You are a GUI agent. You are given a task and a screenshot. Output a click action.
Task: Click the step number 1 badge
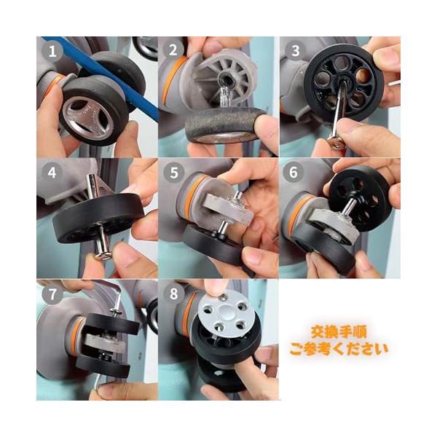(52, 51)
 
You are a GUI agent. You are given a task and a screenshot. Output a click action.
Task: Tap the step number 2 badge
(173, 50)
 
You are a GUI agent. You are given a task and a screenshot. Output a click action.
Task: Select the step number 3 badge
(296, 51)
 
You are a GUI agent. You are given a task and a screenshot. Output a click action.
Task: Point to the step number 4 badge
(52, 173)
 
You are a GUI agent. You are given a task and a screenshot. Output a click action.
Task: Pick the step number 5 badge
(174, 173)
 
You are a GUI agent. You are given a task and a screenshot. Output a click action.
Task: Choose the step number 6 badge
(294, 172)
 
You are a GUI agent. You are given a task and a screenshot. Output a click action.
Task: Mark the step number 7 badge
(52, 294)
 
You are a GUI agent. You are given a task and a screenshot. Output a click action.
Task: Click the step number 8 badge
(173, 294)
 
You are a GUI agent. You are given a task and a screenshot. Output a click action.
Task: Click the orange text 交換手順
(339, 331)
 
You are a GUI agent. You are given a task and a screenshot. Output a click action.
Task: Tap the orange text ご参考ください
(339, 349)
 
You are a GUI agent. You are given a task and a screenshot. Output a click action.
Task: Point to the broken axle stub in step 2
(224, 97)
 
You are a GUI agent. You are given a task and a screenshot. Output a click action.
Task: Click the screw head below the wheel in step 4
(103, 255)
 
